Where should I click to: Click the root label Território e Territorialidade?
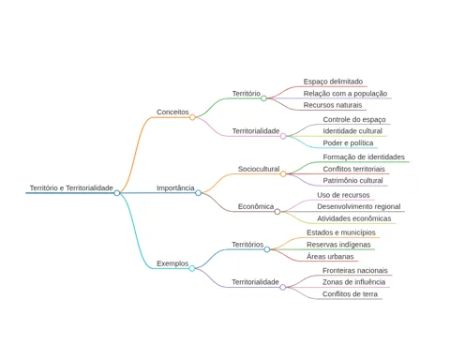coord(71,188)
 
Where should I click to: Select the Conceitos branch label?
coord(172,112)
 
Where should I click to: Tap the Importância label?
coord(175,188)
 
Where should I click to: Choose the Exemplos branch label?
coord(172,263)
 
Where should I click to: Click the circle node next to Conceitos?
coord(192,117)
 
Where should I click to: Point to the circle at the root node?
coord(117,193)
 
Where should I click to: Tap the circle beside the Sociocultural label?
coord(283,173)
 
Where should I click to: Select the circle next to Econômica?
coord(277,212)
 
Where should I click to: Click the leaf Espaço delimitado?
coord(333,82)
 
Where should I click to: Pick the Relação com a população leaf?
coord(345,94)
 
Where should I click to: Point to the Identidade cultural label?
coord(352,131)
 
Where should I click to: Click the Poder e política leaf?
coord(348,143)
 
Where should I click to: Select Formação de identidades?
coord(364,157)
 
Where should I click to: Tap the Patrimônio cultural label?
coord(352,181)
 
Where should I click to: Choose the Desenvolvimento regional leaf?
coord(359,206)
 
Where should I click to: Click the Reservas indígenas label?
coord(338,245)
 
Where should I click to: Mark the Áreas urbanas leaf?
coord(330,257)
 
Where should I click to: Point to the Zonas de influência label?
coord(353,282)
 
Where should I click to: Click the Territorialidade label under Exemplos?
coord(255,282)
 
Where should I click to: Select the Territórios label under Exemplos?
coord(247,245)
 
